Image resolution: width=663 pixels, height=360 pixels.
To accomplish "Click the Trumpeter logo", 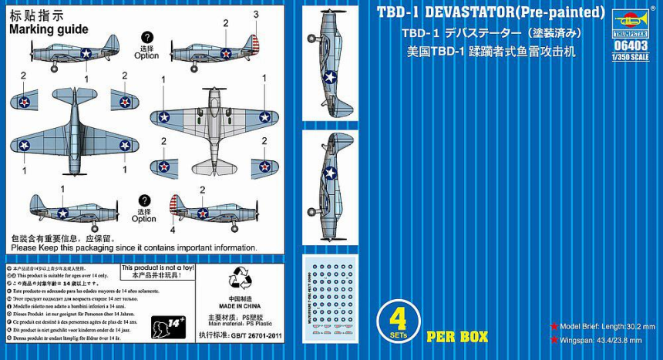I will [x=631, y=23].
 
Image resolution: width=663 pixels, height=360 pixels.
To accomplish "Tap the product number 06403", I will [x=631, y=45].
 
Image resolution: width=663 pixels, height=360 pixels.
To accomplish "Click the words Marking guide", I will [x=49, y=29].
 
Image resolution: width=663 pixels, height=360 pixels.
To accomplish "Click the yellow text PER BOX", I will [x=457, y=337].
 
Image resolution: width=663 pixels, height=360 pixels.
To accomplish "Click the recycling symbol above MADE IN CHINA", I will [x=239, y=280].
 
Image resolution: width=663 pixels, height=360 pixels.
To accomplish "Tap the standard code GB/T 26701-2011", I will [x=241, y=335].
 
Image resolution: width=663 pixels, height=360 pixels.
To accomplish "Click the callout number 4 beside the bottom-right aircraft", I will [x=172, y=229].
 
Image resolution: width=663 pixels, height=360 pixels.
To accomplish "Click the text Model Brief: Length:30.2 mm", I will [x=605, y=326].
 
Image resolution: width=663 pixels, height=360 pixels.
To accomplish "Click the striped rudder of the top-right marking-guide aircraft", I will [x=251, y=45].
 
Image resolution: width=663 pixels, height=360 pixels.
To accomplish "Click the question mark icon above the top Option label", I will [x=146, y=37].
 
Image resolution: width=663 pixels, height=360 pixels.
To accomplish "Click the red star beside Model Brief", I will [x=554, y=326].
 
